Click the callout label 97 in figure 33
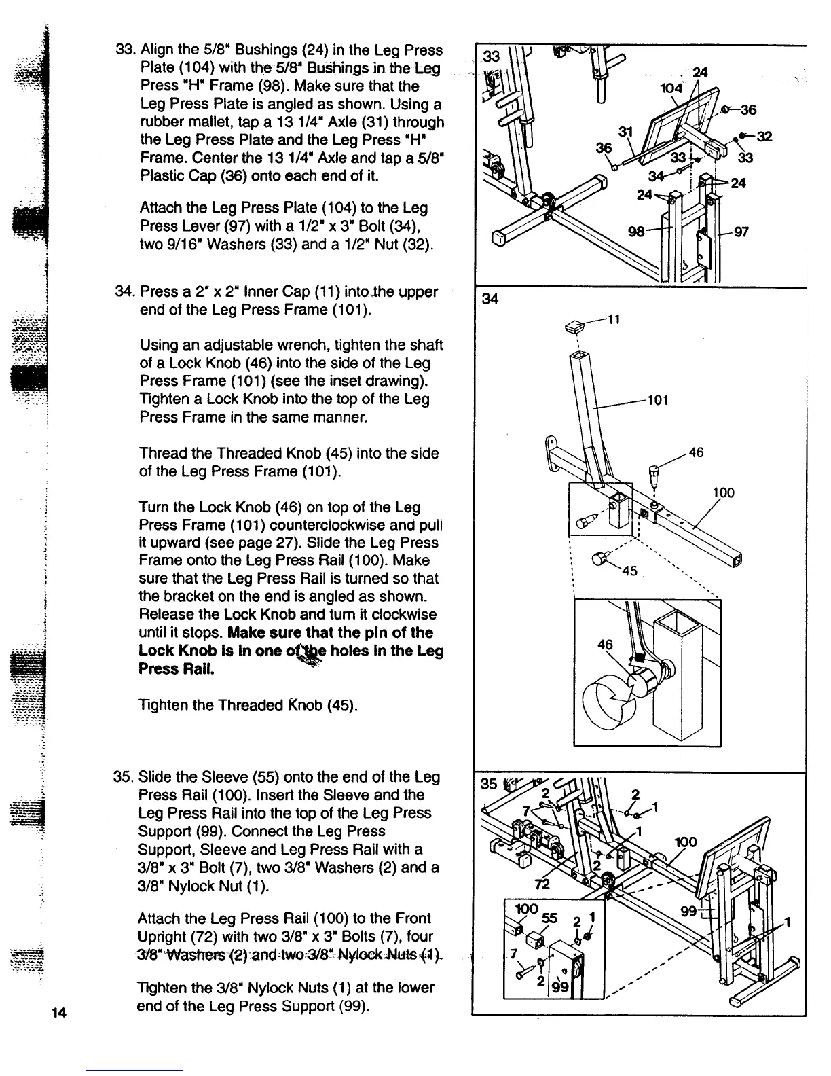tap(741, 232)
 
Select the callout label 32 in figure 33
tap(765, 135)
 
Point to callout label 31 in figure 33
tap(625, 131)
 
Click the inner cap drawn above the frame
tap(577, 327)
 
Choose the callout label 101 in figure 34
tap(657, 400)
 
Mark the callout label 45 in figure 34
tap(629, 571)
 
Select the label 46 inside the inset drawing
tap(604, 644)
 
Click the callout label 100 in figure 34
tap(723, 492)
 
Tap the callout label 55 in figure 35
tap(549, 918)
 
